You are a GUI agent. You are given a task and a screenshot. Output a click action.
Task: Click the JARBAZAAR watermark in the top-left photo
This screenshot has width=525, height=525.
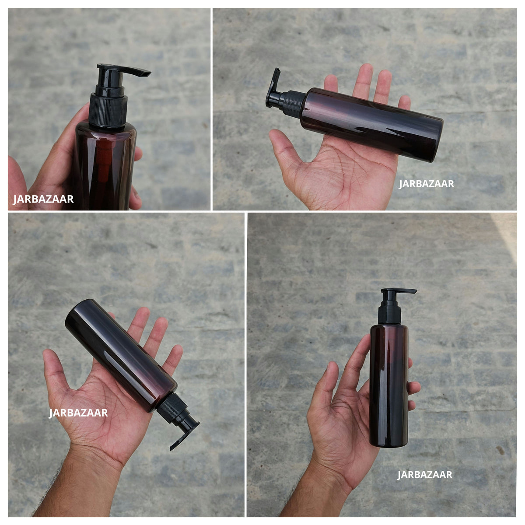43,199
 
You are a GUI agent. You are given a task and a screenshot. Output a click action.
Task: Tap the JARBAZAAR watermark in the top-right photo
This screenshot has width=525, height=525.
427,184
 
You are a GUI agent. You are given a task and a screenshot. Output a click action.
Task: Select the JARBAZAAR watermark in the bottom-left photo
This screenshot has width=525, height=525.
78,413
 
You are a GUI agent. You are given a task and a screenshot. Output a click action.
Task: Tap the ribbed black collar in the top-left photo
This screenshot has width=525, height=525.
108,110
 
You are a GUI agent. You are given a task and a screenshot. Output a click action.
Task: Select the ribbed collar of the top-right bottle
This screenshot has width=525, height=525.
294,105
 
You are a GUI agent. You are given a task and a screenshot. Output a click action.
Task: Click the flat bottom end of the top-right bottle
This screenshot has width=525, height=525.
436,140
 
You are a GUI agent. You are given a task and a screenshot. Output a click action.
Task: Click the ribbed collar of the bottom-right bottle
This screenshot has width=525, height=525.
390,315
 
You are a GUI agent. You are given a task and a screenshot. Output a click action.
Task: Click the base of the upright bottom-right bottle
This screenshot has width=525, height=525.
388,444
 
